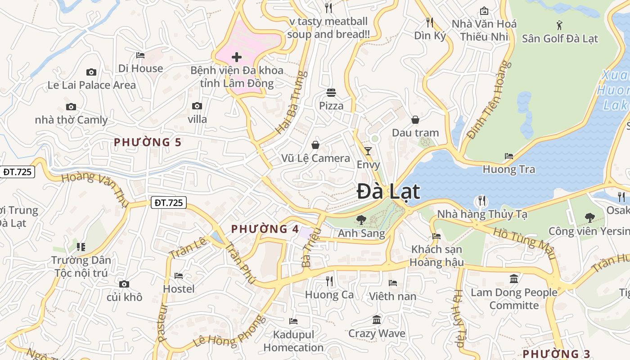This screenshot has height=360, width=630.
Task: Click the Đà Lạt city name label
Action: tap(388, 192)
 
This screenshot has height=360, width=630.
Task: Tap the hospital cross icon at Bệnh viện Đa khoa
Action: tap(237, 57)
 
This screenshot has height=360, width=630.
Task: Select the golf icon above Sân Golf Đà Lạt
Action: tap(559, 25)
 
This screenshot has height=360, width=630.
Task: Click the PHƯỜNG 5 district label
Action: tap(148, 143)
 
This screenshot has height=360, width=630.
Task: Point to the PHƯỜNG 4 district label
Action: tap(265, 229)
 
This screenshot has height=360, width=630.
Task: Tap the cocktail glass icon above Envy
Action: tap(368, 151)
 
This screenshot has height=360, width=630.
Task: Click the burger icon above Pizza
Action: tap(331, 93)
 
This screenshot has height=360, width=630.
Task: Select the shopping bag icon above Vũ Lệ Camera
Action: tap(315, 145)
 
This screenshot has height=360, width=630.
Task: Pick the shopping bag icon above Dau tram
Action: tap(415, 120)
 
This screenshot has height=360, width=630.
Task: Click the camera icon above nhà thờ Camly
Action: tap(71, 107)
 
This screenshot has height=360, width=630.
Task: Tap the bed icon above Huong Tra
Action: tap(509, 156)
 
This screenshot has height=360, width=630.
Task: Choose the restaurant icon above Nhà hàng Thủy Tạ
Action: tap(482, 201)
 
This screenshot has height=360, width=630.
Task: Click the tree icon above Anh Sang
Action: tap(361, 220)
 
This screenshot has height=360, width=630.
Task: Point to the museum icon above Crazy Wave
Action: tap(377, 320)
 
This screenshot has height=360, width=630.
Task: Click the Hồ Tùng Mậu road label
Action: tap(523, 243)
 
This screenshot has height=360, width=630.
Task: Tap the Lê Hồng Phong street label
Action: tap(229, 332)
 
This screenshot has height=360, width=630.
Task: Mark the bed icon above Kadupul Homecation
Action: tap(293, 321)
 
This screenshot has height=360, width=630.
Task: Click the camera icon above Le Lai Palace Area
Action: tap(91, 72)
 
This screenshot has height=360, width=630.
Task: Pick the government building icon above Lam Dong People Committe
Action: tap(514, 279)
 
